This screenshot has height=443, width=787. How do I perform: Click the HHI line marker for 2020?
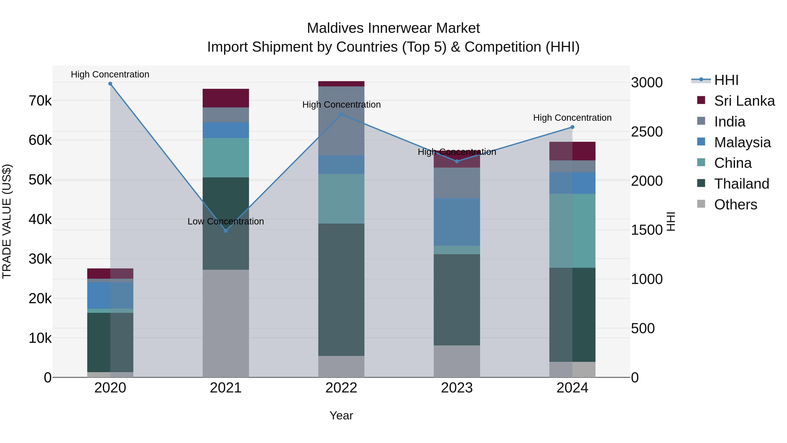(x=110, y=84)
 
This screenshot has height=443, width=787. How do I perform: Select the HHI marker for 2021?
(x=226, y=231)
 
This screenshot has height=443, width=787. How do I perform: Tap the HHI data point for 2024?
(x=573, y=127)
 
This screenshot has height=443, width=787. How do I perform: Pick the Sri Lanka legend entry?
(x=744, y=101)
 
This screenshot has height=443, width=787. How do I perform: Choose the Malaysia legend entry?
(x=742, y=142)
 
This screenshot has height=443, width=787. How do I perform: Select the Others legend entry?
(x=735, y=205)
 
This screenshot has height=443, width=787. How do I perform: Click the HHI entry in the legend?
(x=726, y=80)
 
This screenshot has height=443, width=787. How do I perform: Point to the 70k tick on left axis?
(x=40, y=101)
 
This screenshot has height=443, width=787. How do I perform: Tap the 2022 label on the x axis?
(x=341, y=388)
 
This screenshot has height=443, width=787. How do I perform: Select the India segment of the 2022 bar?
(x=341, y=121)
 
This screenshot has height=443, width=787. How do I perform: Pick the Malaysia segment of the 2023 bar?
(x=457, y=222)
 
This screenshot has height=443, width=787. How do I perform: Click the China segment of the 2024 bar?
(x=573, y=231)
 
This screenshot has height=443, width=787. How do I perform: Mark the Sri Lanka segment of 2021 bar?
(x=226, y=98)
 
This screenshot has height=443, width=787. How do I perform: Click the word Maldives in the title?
(x=335, y=28)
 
